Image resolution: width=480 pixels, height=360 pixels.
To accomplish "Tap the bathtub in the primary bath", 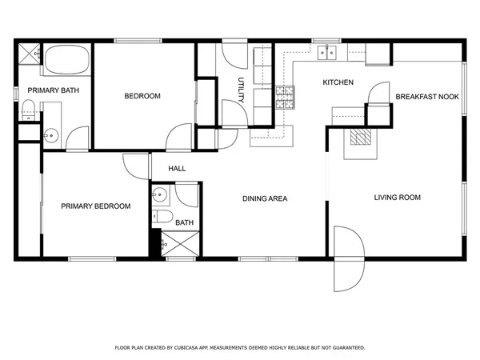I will [67, 61].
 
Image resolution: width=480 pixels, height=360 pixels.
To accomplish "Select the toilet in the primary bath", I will [29, 110].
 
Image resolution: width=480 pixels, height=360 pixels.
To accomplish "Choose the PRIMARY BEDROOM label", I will [96, 206].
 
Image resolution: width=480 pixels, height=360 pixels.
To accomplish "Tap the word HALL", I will [177, 169].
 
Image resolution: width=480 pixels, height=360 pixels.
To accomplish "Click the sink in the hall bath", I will [159, 194].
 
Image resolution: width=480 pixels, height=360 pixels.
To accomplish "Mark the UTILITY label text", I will [241, 90].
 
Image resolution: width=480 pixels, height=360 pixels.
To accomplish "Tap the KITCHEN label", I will [338, 83].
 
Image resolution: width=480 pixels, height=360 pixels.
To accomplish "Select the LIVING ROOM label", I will [397, 197].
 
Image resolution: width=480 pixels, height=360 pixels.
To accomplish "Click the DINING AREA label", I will [266, 198].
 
